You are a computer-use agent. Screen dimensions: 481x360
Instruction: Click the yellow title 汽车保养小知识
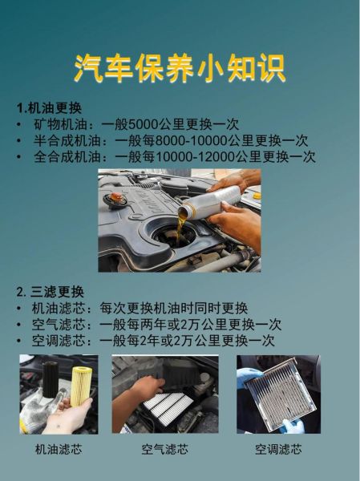pyautogui.click(x=180, y=68)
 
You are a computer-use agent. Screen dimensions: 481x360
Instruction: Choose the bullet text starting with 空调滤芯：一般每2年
pyautogui.click(x=153, y=340)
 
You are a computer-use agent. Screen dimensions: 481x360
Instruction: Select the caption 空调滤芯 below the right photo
pyautogui.click(x=278, y=449)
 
